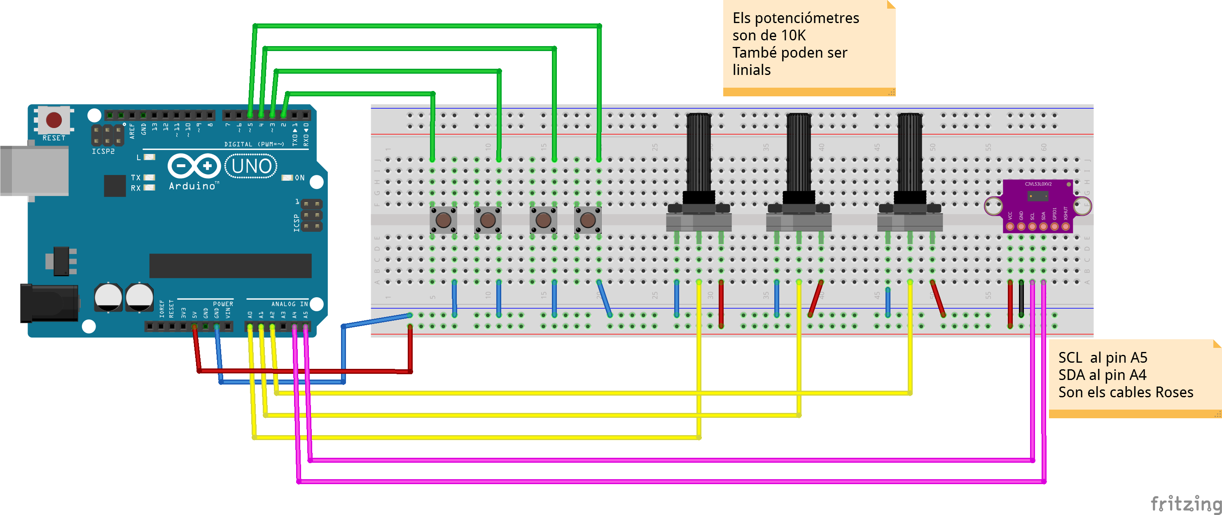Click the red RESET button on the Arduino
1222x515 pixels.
pos(54,119)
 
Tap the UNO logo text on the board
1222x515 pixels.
pos(251,166)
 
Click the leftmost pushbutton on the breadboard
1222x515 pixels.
pos(444,220)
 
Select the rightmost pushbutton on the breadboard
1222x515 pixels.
pos(588,220)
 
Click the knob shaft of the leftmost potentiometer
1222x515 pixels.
pos(699,152)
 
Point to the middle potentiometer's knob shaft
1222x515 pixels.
pos(799,152)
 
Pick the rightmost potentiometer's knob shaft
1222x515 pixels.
pos(910,152)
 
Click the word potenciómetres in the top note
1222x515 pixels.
pos(806,18)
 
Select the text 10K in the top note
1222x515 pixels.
pos(793,35)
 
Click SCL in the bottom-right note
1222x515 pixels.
pos(1070,358)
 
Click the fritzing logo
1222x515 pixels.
pos(1185,503)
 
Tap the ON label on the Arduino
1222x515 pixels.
pos(299,178)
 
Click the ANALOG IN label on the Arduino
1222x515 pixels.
pos(290,304)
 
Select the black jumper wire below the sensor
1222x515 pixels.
pos(1021,299)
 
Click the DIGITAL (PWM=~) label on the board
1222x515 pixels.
pos(254,144)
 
